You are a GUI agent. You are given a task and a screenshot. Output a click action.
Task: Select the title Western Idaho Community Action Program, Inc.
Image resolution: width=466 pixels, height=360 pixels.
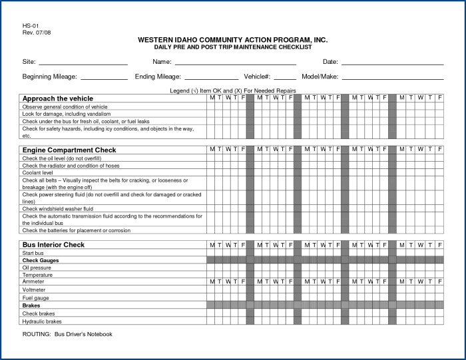click(x=232, y=40)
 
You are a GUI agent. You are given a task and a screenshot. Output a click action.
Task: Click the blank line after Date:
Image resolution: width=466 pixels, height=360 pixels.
click(x=392, y=63)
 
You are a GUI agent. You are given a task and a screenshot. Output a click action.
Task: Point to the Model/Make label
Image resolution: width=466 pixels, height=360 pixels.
click(x=320, y=77)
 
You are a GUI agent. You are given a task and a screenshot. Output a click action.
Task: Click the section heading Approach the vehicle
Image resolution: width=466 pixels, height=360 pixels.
click(x=58, y=98)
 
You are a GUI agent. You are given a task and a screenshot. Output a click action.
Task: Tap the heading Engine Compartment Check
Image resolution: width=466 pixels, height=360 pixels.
click(x=69, y=150)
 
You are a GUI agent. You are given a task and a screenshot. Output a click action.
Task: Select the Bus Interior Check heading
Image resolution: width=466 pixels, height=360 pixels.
click(x=53, y=245)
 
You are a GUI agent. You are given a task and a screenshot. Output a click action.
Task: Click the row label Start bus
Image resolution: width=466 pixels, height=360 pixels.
click(x=33, y=253)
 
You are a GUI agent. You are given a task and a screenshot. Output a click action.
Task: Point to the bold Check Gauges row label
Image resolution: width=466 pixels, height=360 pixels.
click(x=41, y=260)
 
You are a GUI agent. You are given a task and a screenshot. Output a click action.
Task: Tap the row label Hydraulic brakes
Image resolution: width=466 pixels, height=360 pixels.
click(x=42, y=321)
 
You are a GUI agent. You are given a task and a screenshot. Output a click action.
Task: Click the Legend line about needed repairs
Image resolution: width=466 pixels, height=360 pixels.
click(x=233, y=90)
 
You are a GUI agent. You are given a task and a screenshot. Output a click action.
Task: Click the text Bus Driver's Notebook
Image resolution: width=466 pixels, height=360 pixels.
click(x=83, y=334)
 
